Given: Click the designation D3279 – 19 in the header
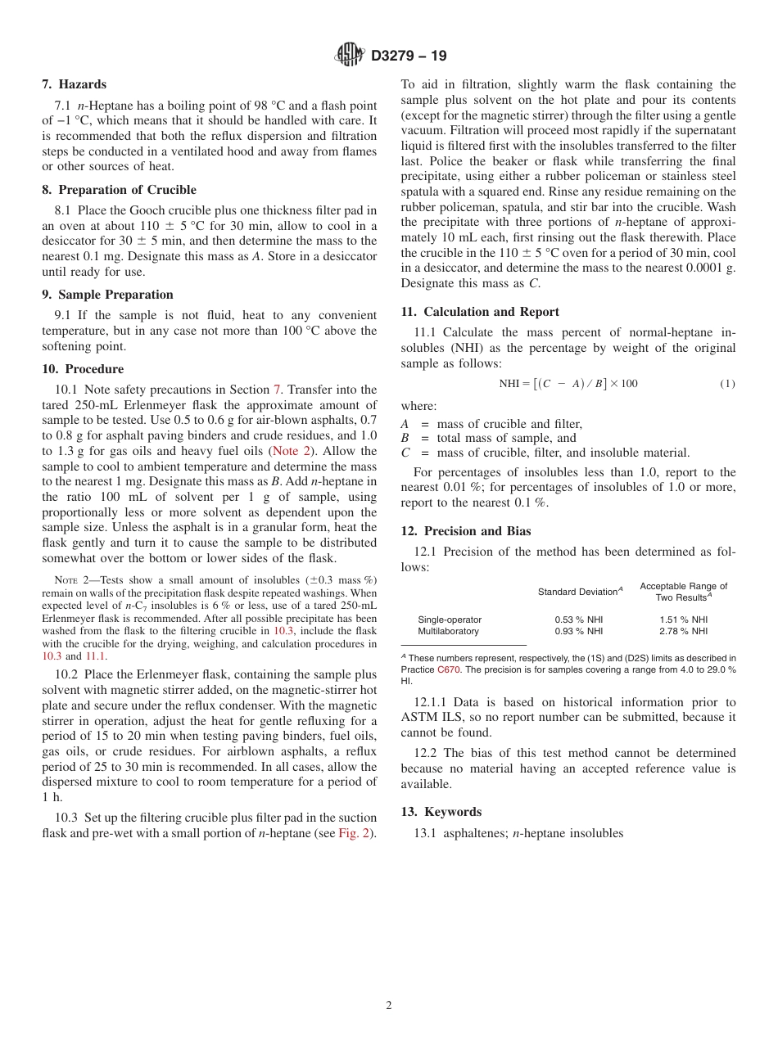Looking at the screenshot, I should tap(409, 56).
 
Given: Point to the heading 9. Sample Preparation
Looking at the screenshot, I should tap(107, 295).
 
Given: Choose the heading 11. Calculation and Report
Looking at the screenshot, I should tap(480, 312).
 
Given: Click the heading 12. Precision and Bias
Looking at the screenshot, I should tap(466, 531).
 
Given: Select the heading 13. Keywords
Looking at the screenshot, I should tap(441, 812).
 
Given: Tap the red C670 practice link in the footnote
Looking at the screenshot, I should tap(448, 669).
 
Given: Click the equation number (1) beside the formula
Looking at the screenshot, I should tap(727, 384).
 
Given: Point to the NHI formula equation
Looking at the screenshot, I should tap(568, 384).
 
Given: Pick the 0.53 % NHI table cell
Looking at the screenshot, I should tap(579, 620).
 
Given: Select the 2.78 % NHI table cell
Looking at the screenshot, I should tap(683, 631).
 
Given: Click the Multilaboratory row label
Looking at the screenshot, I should tap(448, 631).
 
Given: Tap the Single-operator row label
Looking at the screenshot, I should tap(450, 620).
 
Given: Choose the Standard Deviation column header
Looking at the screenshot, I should tap(580, 592).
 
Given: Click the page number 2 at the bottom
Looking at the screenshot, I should tap(389, 1006).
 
